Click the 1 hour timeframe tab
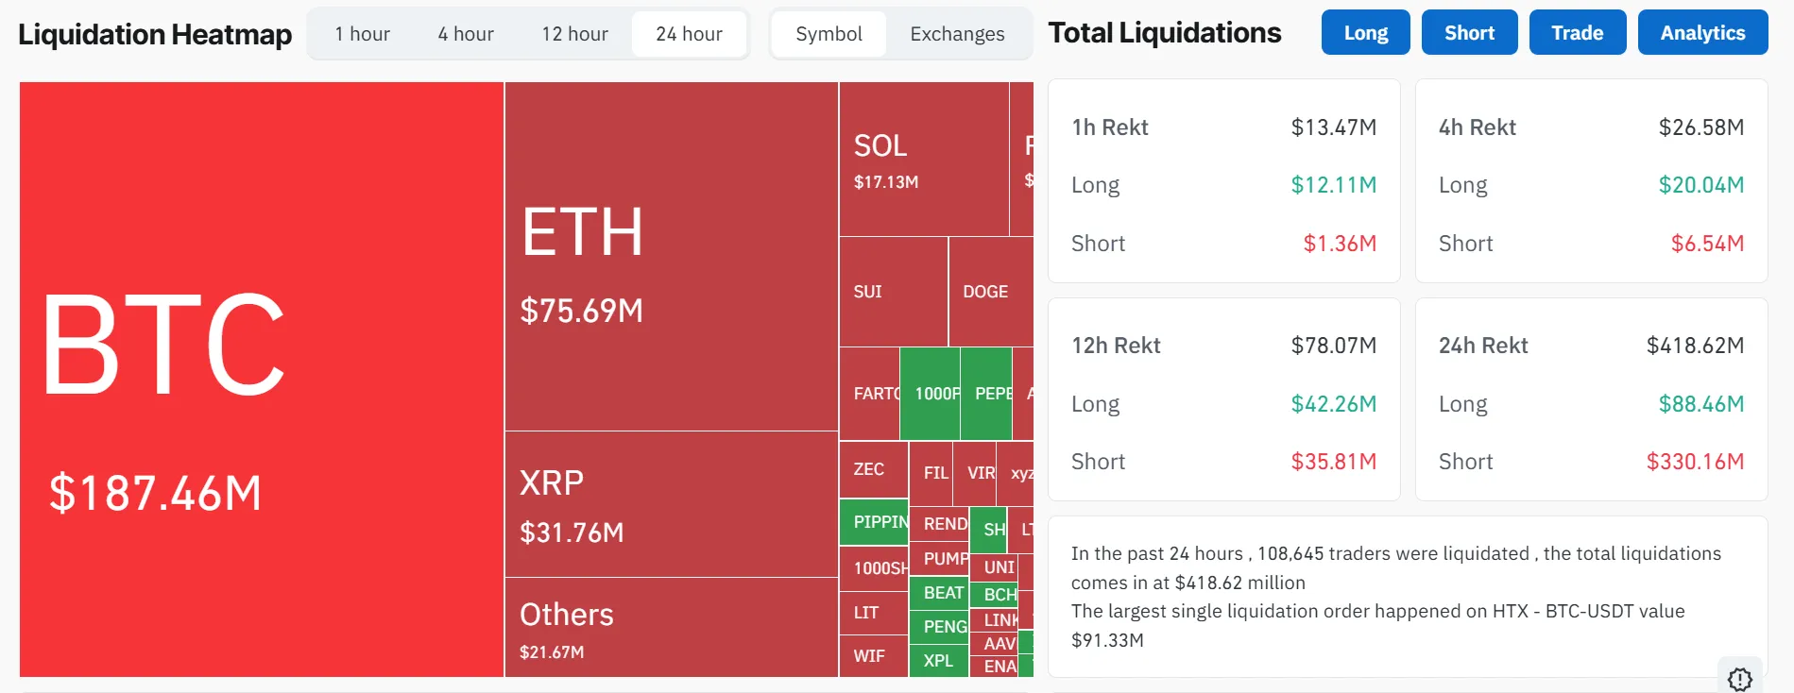(362, 34)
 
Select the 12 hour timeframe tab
(574, 34)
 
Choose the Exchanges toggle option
(957, 34)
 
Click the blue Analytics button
(1702, 33)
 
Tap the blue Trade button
(1577, 33)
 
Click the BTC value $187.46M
(156, 493)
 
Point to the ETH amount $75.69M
(581, 311)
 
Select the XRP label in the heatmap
(552, 483)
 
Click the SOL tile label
(880, 145)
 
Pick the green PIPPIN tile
(874, 522)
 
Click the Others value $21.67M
(552, 652)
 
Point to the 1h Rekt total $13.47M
(1333, 127)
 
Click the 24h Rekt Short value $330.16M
(1695, 462)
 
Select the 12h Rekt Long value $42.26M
(1333, 404)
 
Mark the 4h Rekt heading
(1477, 127)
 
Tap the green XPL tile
(938, 660)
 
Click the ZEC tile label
(869, 469)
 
